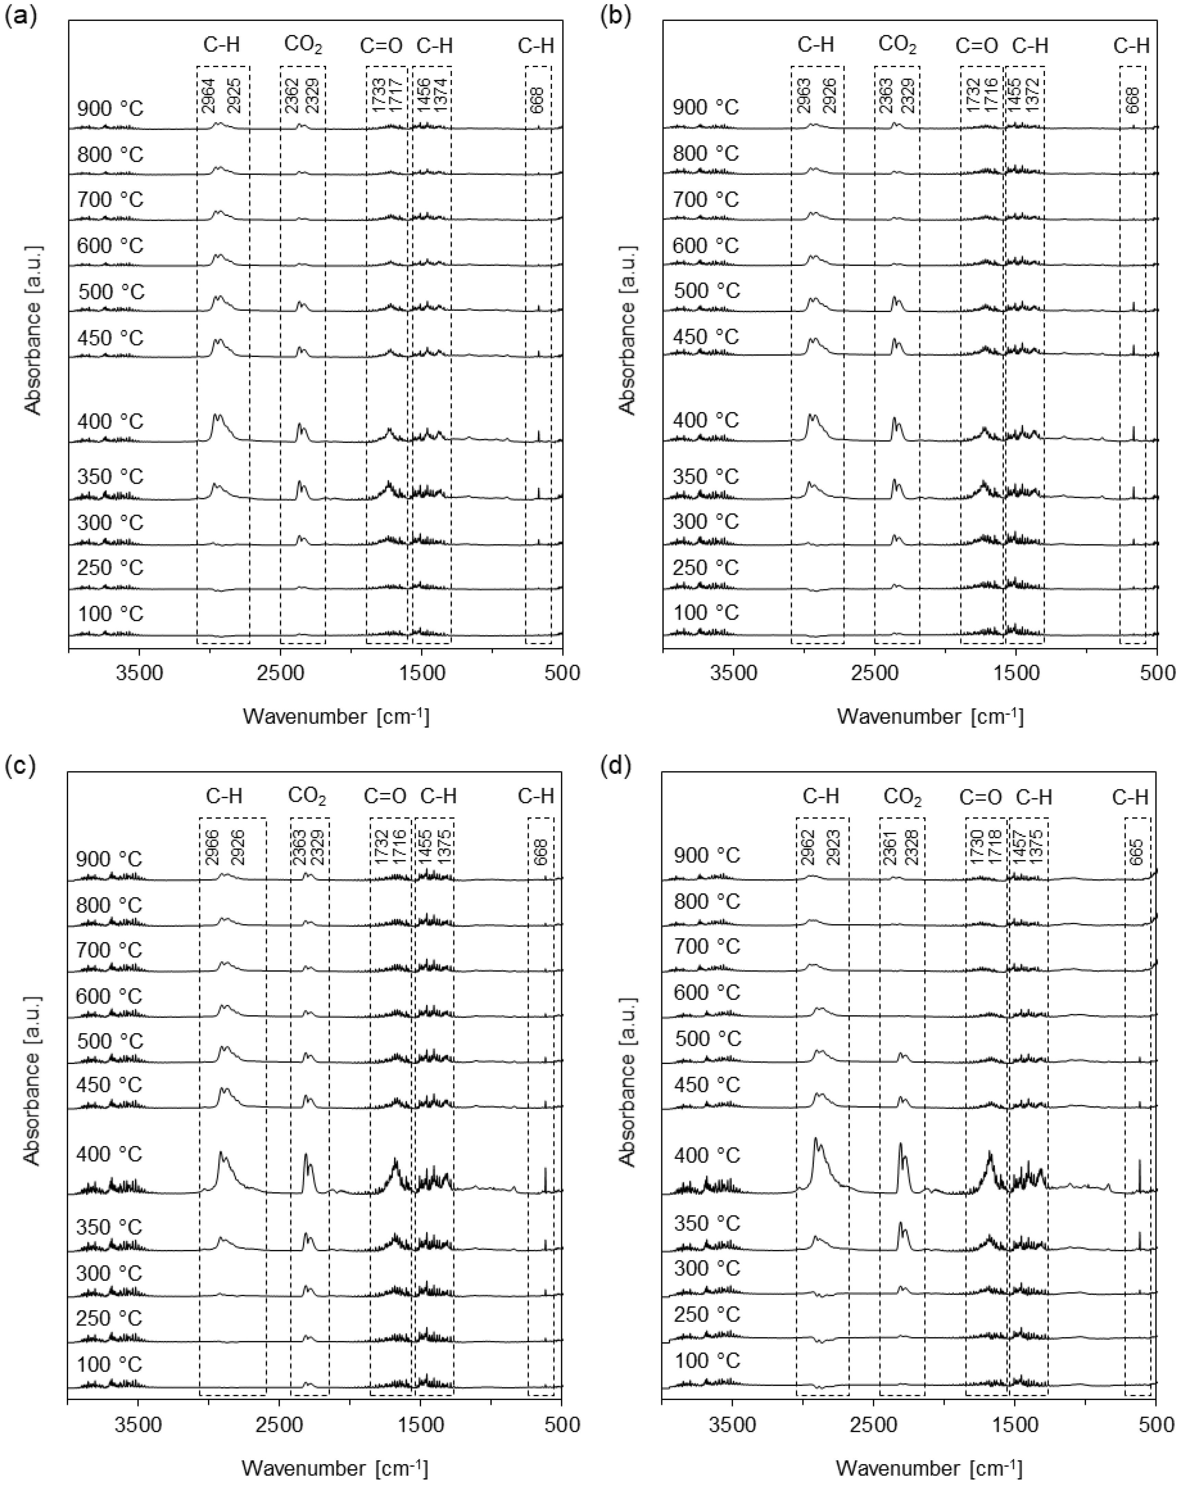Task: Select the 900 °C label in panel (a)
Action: point(110,109)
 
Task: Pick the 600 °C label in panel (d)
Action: point(707,992)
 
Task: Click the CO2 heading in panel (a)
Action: point(303,46)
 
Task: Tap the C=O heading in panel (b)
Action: point(977,46)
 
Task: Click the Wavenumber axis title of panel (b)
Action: point(930,717)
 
